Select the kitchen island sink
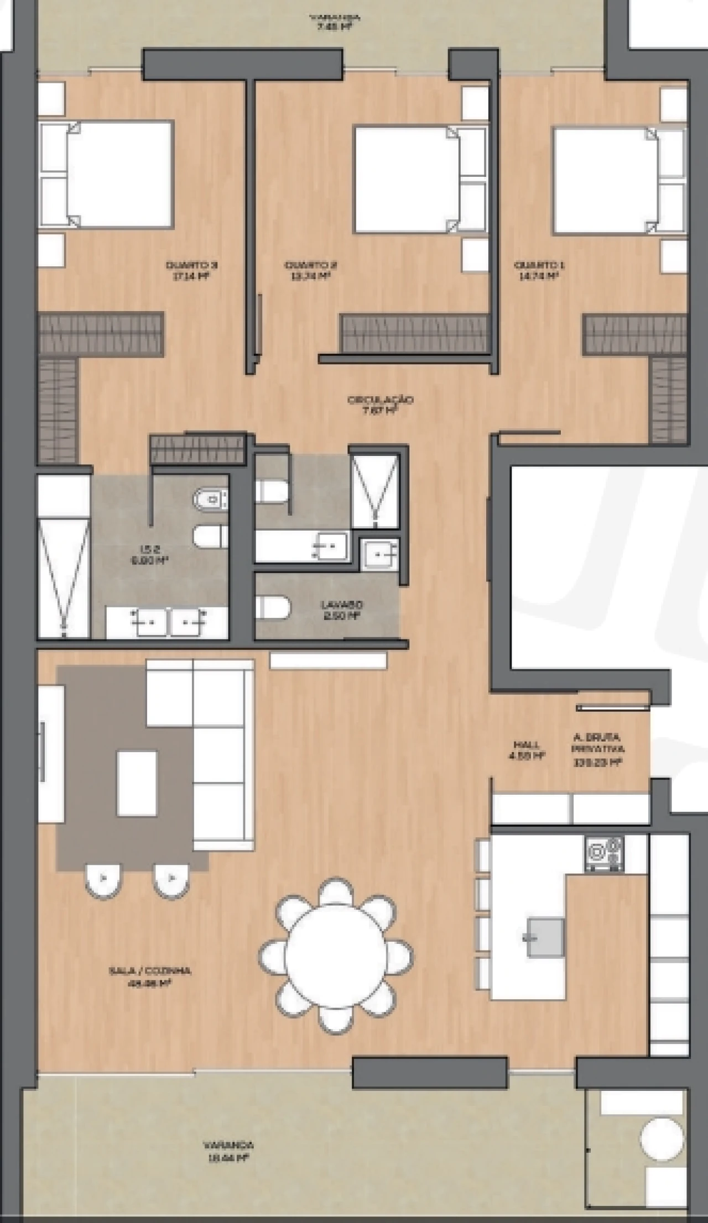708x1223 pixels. pos(545,937)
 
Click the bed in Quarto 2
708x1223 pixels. pos(407,180)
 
